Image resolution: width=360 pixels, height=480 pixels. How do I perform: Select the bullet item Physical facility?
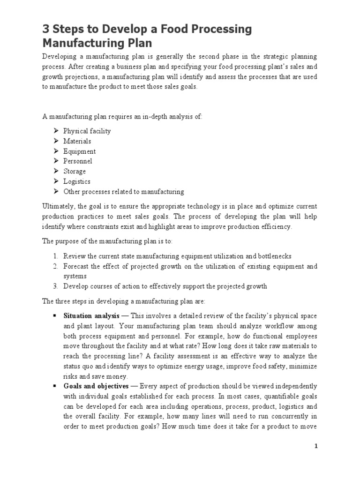[87, 131]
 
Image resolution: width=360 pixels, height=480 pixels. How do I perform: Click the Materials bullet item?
[77, 141]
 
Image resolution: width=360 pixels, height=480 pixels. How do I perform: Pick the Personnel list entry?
[78, 161]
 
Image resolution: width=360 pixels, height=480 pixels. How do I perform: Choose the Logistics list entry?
[77, 181]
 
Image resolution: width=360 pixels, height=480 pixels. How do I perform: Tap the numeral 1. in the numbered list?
[55, 256]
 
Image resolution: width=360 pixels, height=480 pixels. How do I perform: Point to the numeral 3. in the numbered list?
[55, 286]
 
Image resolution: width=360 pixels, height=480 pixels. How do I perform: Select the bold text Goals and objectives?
[96, 386]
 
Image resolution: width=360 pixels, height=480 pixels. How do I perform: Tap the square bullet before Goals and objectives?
[55, 386]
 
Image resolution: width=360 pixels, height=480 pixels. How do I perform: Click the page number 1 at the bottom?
[316, 446]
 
